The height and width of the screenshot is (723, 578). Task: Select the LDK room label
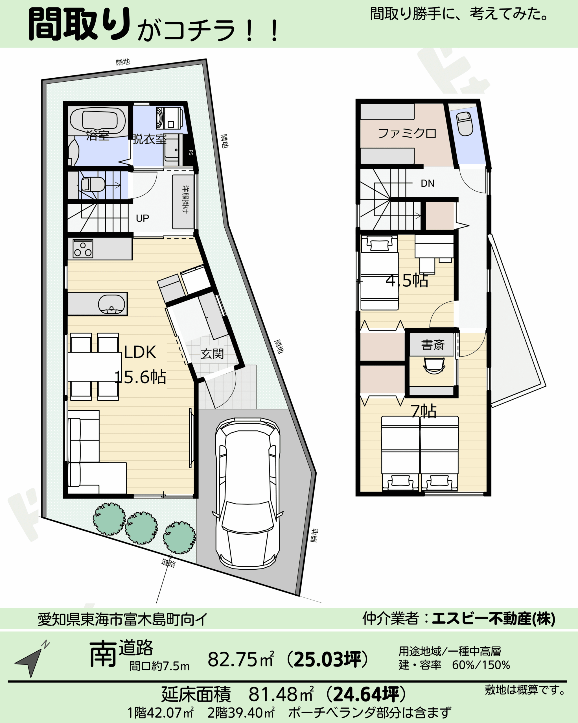(x=140, y=352)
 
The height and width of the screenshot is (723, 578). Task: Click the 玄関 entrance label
(x=212, y=354)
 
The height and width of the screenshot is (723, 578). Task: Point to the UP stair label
(x=143, y=218)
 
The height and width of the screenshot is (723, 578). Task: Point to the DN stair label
(x=428, y=183)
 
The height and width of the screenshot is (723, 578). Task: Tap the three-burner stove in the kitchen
(x=83, y=249)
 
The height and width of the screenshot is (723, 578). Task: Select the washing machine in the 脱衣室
(x=169, y=118)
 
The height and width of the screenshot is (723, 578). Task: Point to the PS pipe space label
(x=191, y=153)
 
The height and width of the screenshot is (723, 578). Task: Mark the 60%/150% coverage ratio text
(x=481, y=665)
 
